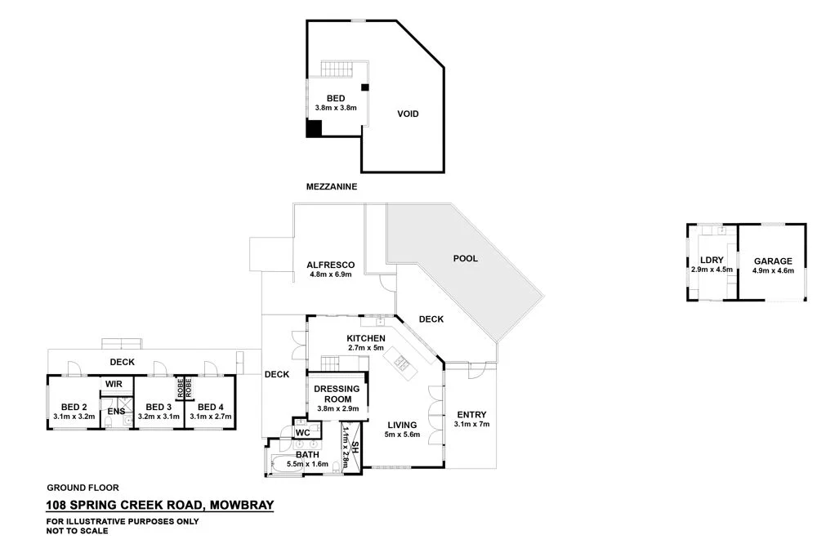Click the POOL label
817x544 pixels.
click(465, 258)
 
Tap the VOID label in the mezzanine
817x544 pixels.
click(408, 114)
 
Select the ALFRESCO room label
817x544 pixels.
click(330, 265)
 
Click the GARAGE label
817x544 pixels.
click(773, 261)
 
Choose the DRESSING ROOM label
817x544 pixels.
click(337, 394)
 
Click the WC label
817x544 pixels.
click(301, 431)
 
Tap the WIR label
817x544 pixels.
click(113, 383)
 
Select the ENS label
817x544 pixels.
click(117, 411)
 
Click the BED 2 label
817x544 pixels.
click(74, 407)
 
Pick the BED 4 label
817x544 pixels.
click(210, 407)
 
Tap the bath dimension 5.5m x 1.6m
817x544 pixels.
click(307, 464)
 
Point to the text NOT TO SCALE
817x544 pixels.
click(77, 530)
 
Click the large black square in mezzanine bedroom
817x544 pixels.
click(314, 128)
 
